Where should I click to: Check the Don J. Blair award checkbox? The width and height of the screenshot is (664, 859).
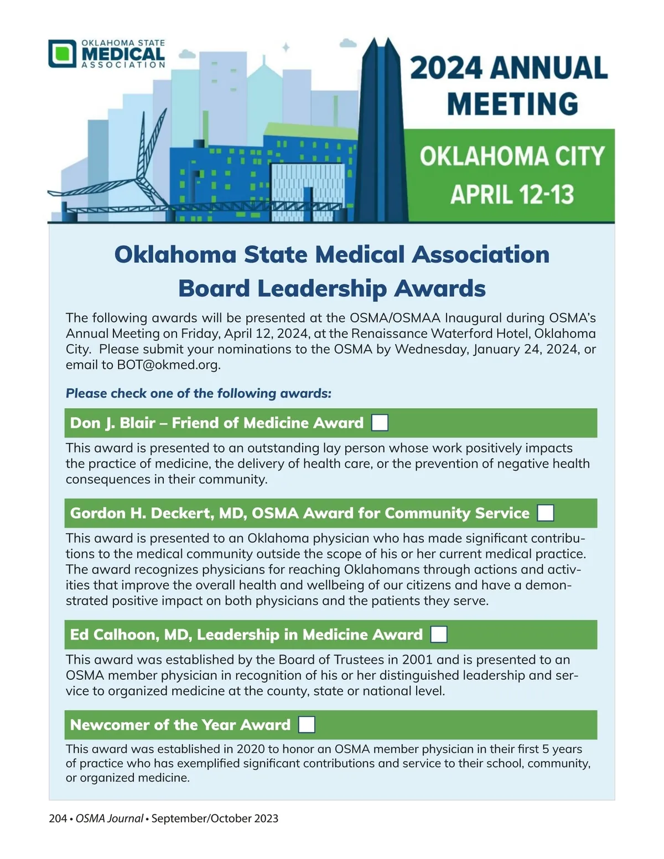pos(380,423)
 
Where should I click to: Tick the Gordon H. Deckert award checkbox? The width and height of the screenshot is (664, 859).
pos(546,513)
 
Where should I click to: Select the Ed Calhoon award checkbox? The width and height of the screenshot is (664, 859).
pos(439,634)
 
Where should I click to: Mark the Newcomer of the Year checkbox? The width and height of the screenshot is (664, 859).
pos(307,725)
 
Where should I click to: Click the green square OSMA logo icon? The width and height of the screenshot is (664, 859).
pos(62,54)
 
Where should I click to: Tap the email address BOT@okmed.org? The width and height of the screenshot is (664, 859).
pos(168,365)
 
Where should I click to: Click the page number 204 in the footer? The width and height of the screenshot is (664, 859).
pos(58,819)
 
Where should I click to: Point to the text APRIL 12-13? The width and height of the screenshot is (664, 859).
pos(512,195)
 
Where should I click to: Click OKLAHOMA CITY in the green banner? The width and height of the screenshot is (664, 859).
pos(512,156)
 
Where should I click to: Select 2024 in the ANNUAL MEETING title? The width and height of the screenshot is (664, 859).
pos(446,68)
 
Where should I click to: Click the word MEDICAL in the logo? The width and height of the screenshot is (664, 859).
pos(123,54)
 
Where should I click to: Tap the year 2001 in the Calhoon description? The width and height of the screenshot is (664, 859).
pos(417,660)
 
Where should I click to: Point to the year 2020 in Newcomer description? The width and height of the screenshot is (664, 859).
pos(251,749)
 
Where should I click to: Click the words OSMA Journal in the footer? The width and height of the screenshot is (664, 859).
pos(109,819)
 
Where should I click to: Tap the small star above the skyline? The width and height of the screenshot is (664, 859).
pos(286,48)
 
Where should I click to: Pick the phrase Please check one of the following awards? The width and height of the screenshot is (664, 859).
pos(198,394)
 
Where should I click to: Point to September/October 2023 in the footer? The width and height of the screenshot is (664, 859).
pos(215,819)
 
